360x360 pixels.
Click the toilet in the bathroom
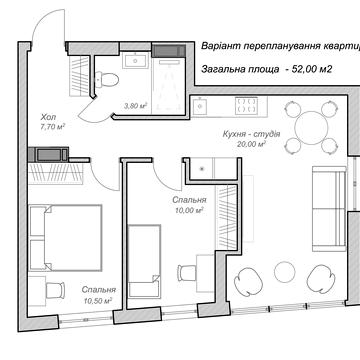(x=107, y=80)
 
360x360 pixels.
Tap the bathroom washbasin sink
(x=135, y=61)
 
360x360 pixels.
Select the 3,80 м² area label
(x=135, y=106)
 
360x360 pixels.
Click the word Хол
(x=48, y=117)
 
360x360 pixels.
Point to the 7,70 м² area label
(x=52, y=126)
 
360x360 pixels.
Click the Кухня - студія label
(x=252, y=134)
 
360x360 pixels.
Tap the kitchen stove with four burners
(x=247, y=105)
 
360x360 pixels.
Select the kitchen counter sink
(x=199, y=106)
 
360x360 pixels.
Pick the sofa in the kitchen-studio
(x=329, y=209)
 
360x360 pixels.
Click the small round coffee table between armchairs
(x=285, y=272)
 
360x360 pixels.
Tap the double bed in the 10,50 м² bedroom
(x=65, y=238)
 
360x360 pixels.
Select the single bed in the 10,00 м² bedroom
(x=145, y=261)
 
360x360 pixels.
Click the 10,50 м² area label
(x=98, y=301)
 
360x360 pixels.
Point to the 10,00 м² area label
(x=190, y=210)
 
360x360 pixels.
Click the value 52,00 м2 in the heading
(x=312, y=69)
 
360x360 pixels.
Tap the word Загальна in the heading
(x=224, y=69)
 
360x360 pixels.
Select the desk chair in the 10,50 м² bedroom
(x=55, y=290)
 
